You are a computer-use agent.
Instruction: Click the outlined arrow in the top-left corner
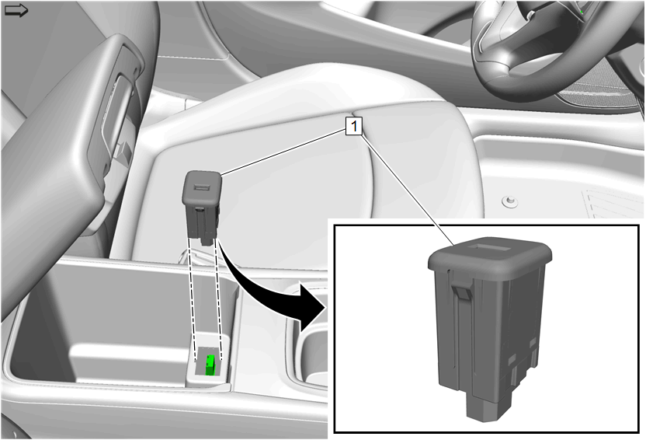(16, 11)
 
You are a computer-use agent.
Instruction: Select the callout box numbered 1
(354, 126)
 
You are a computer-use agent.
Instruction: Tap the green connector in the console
(211, 365)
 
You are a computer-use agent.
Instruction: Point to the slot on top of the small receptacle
(201, 187)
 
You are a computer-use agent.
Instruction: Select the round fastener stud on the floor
(509, 201)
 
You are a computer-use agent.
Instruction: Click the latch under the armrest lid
(123, 152)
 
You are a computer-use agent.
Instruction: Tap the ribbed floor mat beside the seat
(615, 203)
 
